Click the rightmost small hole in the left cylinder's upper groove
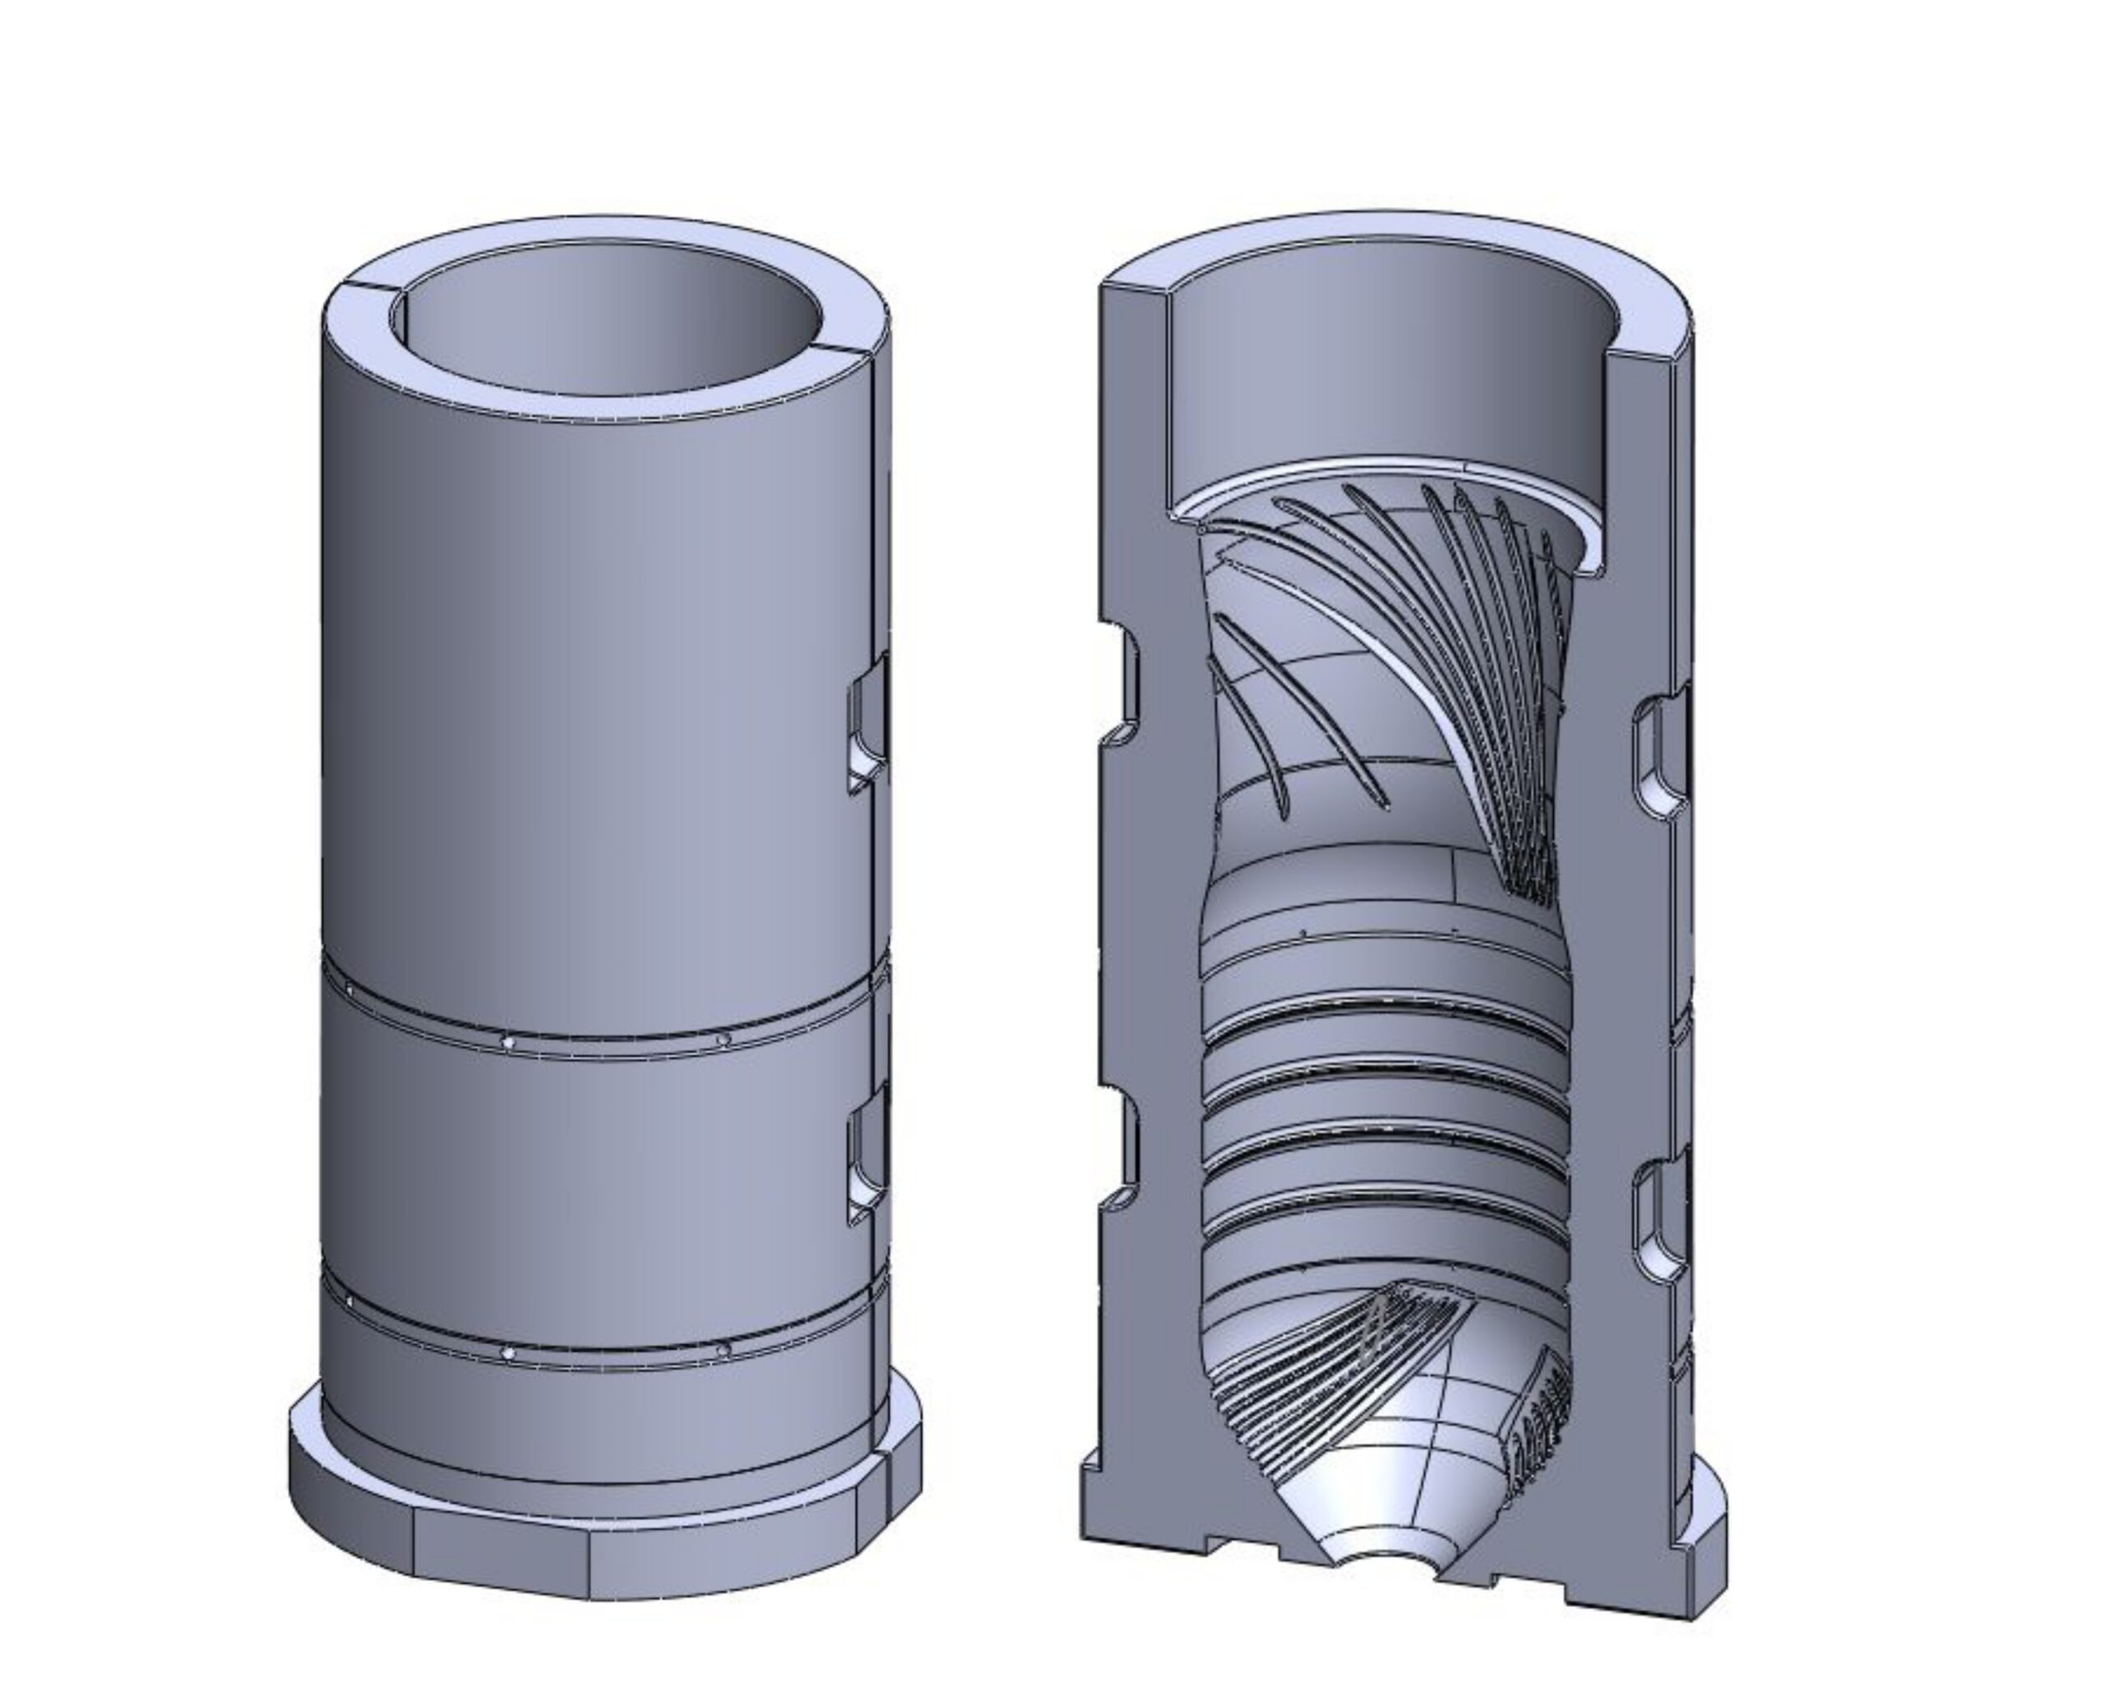(724, 1040)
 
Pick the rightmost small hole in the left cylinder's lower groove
(724, 1350)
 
